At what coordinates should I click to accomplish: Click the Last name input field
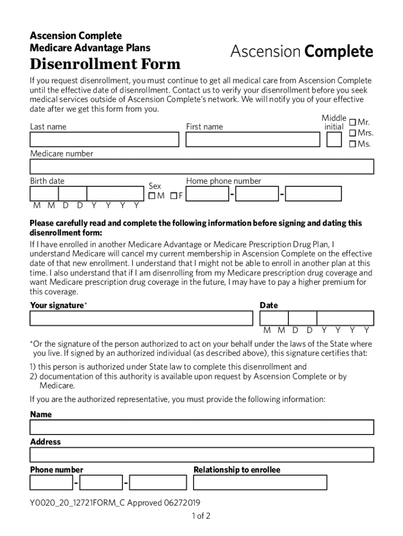104,140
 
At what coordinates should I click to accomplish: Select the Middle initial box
334,140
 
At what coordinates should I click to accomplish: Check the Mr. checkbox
353,122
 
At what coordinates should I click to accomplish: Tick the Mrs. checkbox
353,133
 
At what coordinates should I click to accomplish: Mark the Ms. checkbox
353,144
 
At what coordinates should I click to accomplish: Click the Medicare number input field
201,166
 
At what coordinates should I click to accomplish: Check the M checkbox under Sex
152,196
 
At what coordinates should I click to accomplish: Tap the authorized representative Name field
201,427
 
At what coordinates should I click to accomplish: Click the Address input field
201,454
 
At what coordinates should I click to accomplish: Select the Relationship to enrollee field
260,482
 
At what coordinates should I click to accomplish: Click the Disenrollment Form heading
105,64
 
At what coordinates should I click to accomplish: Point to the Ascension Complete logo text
301,52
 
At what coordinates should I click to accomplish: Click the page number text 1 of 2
201,516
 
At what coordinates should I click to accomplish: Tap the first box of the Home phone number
207,194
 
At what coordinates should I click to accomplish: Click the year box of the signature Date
345,318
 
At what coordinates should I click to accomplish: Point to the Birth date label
47,181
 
